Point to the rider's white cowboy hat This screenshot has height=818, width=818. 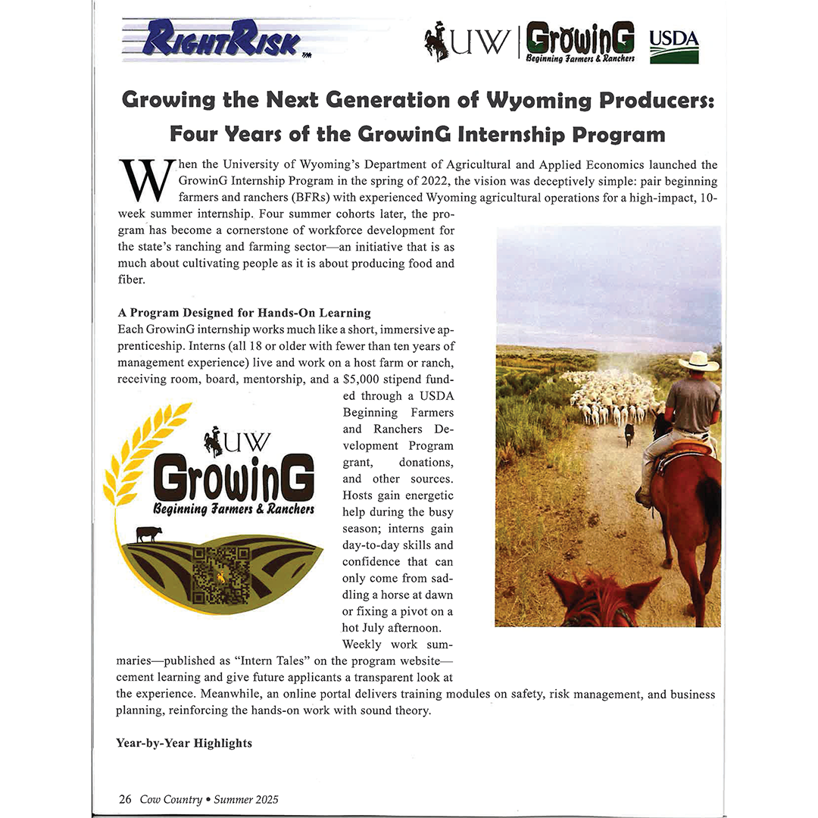pos(698,361)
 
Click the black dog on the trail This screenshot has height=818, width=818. pos(629,434)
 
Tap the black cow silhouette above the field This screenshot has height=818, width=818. pos(148,534)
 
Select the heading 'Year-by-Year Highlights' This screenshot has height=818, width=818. pos(184,743)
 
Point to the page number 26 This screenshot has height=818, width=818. pos(125,799)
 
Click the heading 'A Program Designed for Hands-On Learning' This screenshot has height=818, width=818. pos(245,312)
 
